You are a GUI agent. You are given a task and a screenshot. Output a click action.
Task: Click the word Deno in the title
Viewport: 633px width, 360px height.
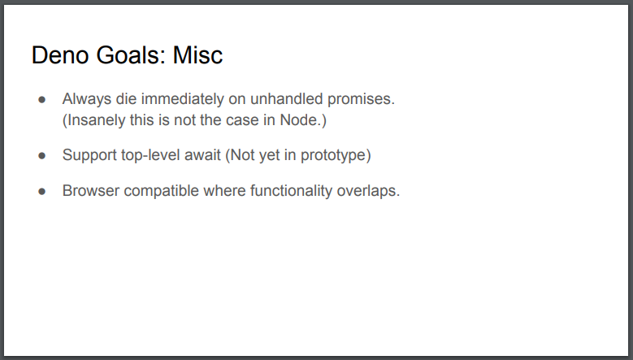pyautogui.click(x=60, y=55)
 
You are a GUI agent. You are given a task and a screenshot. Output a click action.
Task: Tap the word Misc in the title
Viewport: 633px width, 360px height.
pyautogui.click(x=197, y=55)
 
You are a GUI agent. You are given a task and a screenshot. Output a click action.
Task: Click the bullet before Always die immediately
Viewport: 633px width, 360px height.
pyautogui.click(x=42, y=99)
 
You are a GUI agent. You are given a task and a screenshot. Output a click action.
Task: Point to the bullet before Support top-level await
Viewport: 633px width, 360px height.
pyautogui.click(x=42, y=155)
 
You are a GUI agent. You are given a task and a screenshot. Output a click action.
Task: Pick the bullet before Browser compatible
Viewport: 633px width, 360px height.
pyautogui.click(x=42, y=191)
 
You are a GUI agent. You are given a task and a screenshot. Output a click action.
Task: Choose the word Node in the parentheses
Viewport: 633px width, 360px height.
pyautogui.click(x=298, y=120)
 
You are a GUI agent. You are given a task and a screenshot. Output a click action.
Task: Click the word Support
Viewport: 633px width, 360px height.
pyautogui.click(x=89, y=155)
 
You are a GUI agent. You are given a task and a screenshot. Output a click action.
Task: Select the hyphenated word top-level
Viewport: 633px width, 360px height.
pyautogui.click(x=150, y=155)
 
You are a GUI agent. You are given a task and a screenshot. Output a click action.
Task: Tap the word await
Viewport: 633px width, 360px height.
pyautogui.click(x=202, y=155)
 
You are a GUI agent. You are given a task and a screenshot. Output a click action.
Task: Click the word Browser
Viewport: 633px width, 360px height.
pyautogui.click(x=91, y=190)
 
